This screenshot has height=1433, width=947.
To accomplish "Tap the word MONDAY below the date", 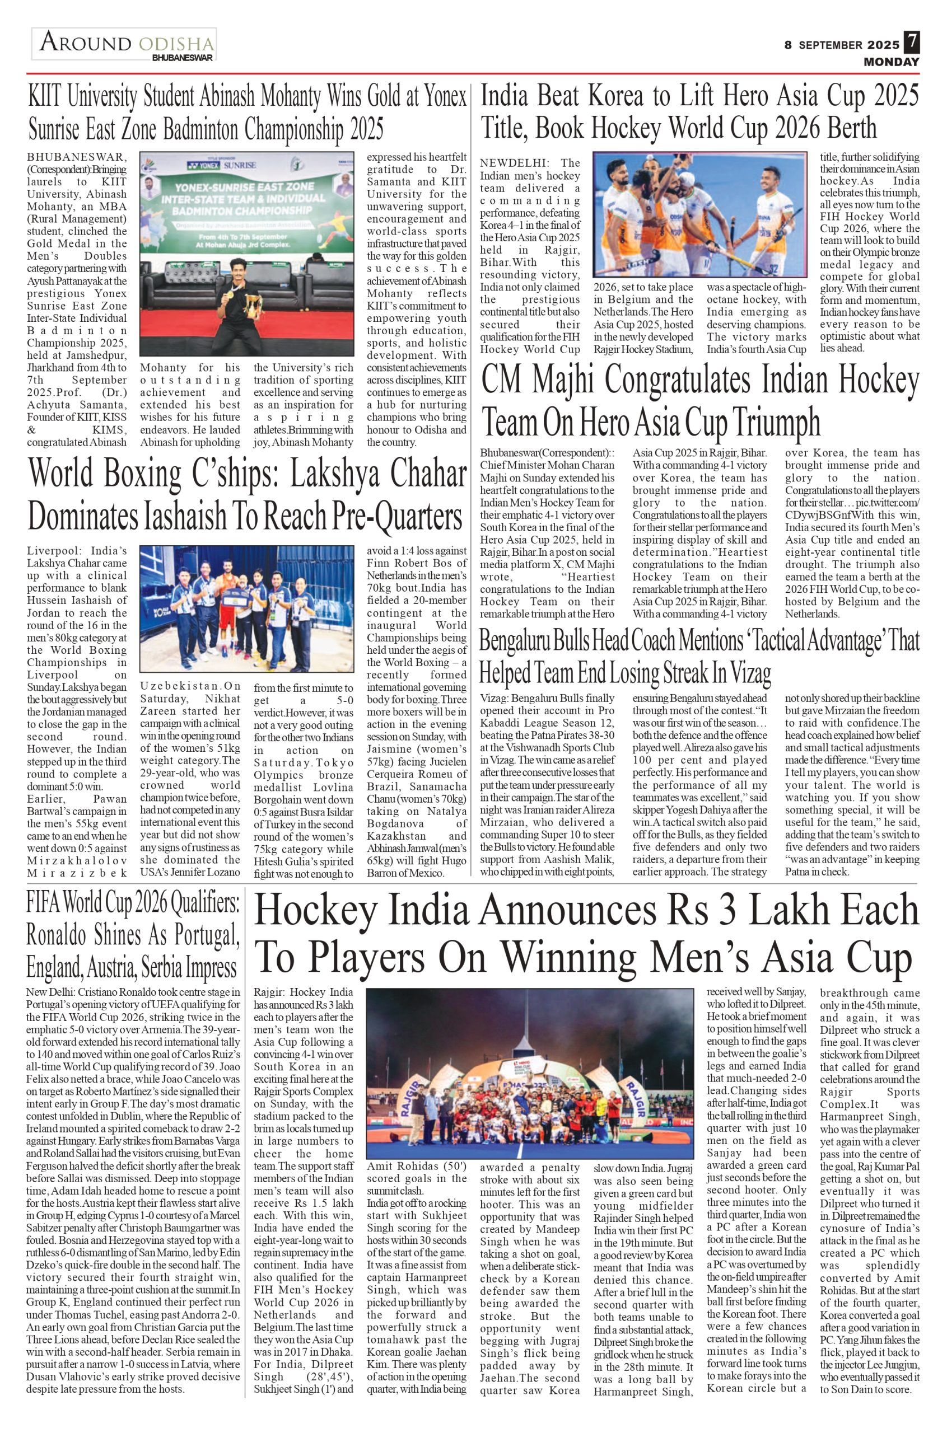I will [891, 62].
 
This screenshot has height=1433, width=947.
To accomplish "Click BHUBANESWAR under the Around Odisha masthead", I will [183, 59].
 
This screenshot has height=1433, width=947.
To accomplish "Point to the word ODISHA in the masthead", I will [176, 44].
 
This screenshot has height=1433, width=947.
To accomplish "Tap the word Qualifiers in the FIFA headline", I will [204, 903].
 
